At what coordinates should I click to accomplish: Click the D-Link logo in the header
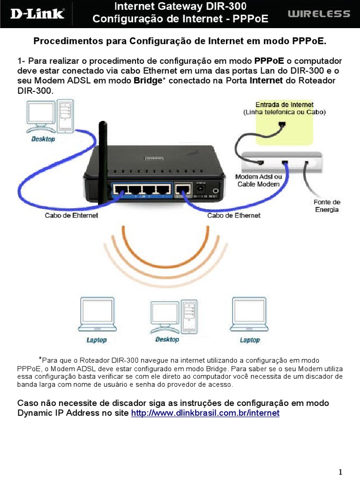[37, 13]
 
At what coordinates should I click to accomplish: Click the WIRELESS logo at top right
[318, 14]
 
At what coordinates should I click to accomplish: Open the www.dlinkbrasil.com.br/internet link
[205, 413]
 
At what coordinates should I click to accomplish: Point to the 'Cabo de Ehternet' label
[72, 216]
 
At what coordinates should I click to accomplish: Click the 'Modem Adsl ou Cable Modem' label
[258, 180]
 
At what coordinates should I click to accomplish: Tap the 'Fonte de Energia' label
[327, 206]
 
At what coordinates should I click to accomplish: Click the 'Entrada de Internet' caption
[285, 105]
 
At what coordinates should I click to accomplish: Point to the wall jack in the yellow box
[282, 125]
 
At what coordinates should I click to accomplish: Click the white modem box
[281, 162]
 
